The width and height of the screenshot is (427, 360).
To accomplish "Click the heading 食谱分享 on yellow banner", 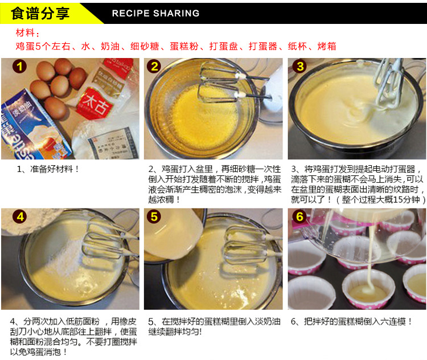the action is [x=40, y=13].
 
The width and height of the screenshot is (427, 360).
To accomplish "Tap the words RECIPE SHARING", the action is [x=156, y=13].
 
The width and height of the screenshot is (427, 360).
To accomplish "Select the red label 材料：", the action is [x=27, y=32].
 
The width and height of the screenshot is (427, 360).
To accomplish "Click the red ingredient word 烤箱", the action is [x=327, y=46].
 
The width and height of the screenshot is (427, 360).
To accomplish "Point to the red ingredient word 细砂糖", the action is [x=145, y=46].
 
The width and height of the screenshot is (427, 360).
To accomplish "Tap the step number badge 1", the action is [x=19, y=67].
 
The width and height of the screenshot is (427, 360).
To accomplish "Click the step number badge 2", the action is [x=154, y=67].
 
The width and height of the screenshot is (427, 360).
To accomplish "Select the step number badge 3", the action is [x=300, y=67].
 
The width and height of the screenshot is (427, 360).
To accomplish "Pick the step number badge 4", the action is [x=20, y=217].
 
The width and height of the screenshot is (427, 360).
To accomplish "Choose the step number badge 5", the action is [x=154, y=216].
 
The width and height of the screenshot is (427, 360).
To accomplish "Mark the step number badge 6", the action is [x=299, y=216].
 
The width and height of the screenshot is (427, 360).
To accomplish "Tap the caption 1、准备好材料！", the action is [x=48, y=169].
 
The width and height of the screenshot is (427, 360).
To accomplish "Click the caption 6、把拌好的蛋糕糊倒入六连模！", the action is [x=351, y=322].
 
